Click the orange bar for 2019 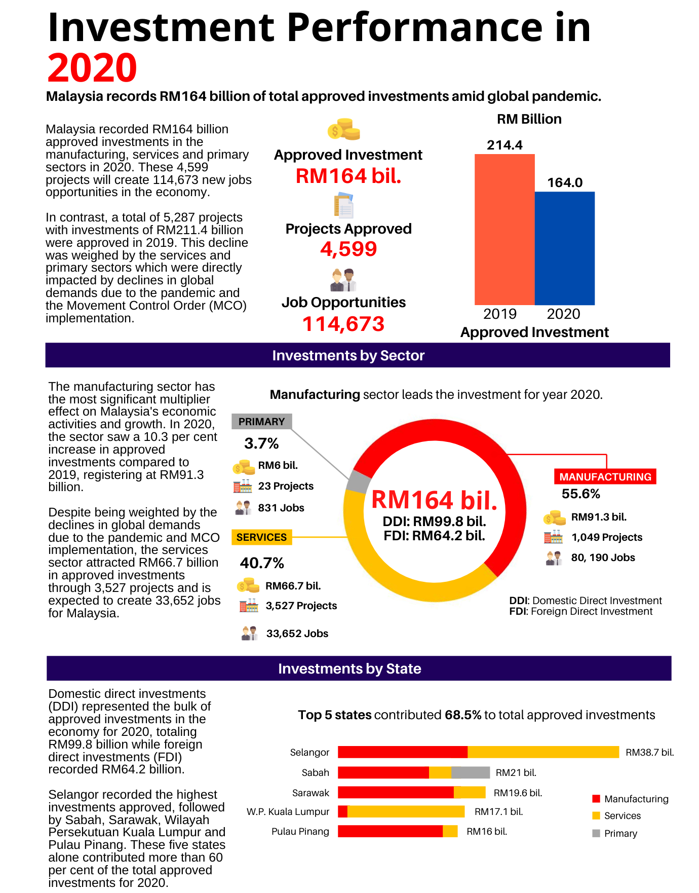(x=504, y=229)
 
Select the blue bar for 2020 (x=564, y=248)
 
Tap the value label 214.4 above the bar (x=504, y=145)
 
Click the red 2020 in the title (x=92, y=68)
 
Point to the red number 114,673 (x=343, y=324)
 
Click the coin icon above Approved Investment (x=343, y=130)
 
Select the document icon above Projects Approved (x=343, y=205)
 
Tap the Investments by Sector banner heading (x=348, y=355)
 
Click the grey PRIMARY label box (x=261, y=422)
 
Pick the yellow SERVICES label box (x=261, y=537)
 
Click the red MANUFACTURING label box (x=605, y=477)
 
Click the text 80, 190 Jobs (x=603, y=557)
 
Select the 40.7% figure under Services (x=261, y=563)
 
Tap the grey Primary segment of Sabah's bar (x=470, y=772)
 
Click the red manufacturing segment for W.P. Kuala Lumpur (x=342, y=811)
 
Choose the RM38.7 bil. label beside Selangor (x=649, y=753)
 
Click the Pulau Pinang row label (x=300, y=832)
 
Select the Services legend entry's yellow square (x=596, y=815)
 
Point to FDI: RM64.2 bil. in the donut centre (x=434, y=536)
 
